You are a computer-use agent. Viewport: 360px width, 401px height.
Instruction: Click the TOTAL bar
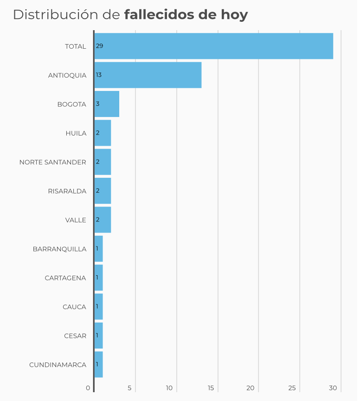point(213,46)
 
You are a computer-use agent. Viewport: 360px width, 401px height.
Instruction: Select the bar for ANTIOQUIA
point(148,75)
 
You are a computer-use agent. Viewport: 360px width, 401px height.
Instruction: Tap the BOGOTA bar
point(107,104)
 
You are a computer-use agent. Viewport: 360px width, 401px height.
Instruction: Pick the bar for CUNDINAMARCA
point(98,364)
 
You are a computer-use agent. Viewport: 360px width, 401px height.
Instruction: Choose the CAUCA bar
point(98,307)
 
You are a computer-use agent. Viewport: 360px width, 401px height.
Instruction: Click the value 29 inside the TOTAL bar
point(99,46)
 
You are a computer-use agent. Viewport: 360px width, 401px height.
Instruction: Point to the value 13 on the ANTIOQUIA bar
point(99,75)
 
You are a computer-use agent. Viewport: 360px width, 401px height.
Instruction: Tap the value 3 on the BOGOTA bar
point(97,104)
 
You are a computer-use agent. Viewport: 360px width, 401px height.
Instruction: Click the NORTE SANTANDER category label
point(52,162)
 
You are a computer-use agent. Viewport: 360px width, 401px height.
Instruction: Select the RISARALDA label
point(67,191)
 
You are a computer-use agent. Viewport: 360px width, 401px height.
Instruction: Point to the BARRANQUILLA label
point(59,249)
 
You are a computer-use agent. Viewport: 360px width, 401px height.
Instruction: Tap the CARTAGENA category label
point(65,278)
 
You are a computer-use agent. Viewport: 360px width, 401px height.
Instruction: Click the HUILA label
point(76,133)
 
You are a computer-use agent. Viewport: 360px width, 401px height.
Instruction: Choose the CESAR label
point(75,336)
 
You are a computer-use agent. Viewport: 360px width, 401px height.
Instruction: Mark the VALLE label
point(76,220)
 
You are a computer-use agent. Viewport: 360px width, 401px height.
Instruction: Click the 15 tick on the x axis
point(211,388)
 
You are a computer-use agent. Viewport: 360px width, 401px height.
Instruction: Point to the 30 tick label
point(333,388)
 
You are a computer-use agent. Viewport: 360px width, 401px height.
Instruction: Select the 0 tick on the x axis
point(88,388)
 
